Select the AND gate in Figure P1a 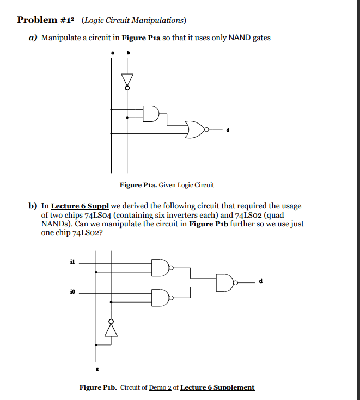(150, 113)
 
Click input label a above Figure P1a (112, 53)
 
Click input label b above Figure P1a (129, 53)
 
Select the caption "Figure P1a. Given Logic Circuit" (167, 185)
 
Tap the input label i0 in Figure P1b (72, 292)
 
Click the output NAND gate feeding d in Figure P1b (224, 282)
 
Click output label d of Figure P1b (261, 281)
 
